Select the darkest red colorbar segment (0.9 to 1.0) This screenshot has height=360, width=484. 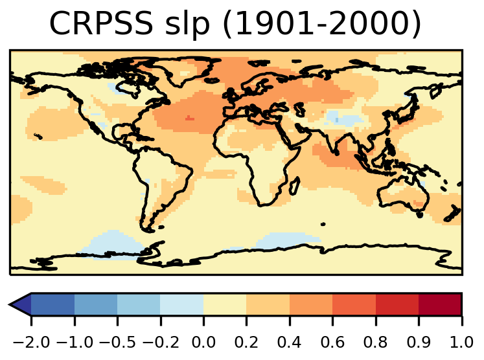(x=440, y=304)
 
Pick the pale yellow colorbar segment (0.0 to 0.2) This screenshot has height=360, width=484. (x=225, y=304)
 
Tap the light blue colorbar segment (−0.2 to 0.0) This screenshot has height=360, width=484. (x=182, y=304)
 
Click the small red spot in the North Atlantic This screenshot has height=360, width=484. (x=189, y=118)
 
